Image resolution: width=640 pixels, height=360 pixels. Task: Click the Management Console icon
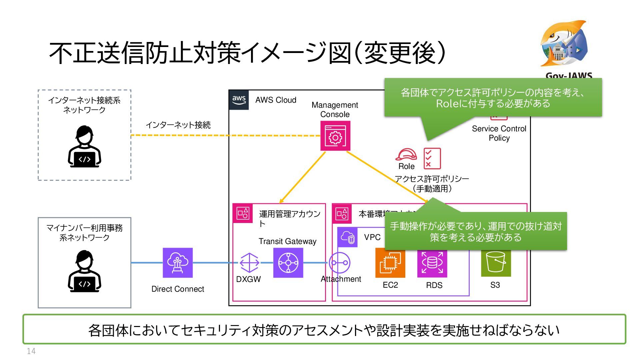pos(335,136)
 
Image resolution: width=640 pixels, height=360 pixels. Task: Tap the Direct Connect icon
pos(178,263)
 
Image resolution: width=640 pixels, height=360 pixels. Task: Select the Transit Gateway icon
pos(288,263)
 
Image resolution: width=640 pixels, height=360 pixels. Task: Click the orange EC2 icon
pos(390,263)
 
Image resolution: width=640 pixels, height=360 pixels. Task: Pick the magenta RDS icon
pos(432,263)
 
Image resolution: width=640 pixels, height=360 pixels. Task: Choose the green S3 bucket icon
pos(496,263)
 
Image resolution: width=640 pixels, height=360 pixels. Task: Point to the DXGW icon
pos(249,263)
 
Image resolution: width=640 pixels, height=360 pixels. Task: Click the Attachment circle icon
pos(339,263)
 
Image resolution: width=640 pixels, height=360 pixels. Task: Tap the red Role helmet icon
pos(406,155)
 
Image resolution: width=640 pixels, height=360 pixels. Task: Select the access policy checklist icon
pos(432,159)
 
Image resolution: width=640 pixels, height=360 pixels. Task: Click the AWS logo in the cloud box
pos(239,100)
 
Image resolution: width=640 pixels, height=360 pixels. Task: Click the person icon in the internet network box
pos(85,146)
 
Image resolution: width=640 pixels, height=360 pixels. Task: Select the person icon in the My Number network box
pos(85,271)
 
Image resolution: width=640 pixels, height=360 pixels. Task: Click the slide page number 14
pos(31,351)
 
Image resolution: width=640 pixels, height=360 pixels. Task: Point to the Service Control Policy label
pos(499,133)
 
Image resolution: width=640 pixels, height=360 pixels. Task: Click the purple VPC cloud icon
pos(348,237)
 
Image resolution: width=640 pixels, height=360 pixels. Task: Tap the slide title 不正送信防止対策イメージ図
pos(247,53)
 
